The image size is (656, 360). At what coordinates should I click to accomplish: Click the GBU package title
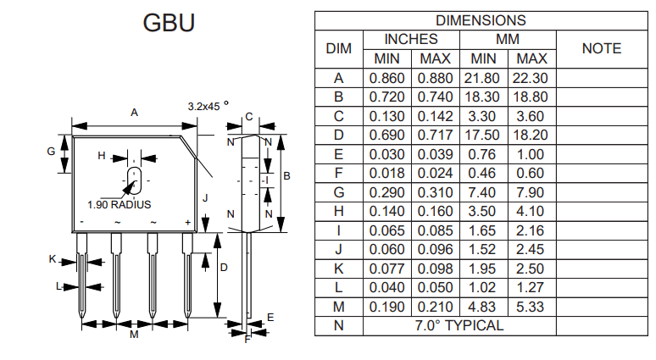pyautogui.click(x=170, y=23)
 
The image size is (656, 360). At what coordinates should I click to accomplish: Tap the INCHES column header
pyautogui.click(x=411, y=39)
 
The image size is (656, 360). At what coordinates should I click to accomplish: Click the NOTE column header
pyautogui.click(x=602, y=48)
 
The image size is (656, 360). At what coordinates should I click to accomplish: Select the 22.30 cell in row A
pyautogui.click(x=531, y=78)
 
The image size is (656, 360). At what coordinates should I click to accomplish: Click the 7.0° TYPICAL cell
pyautogui.click(x=459, y=325)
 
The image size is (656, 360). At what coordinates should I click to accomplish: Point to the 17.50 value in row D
pyautogui.click(x=483, y=135)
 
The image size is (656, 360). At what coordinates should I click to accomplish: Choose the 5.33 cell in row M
pyautogui.click(x=531, y=307)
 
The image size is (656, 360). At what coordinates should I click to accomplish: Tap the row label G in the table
pyautogui.click(x=338, y=192)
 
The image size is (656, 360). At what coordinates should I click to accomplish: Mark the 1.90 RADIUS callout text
pyautogui.click(x=119, y=205)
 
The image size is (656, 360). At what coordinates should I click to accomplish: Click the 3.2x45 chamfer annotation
pyautogui.click(x=208, y=107)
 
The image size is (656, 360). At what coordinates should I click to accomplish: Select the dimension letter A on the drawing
pyautogui.click(x=134, y=112)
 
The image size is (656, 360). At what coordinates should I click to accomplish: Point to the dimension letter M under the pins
pyautogui.click(x=134, y=335)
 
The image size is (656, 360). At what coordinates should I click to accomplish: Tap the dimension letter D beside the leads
pyautogui.click(x=224, y=267)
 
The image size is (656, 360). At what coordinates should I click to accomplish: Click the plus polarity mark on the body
pyautogui.click(x=188, y=223)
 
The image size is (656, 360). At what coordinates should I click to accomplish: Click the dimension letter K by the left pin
pyautogui.click(x=53, y=259)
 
